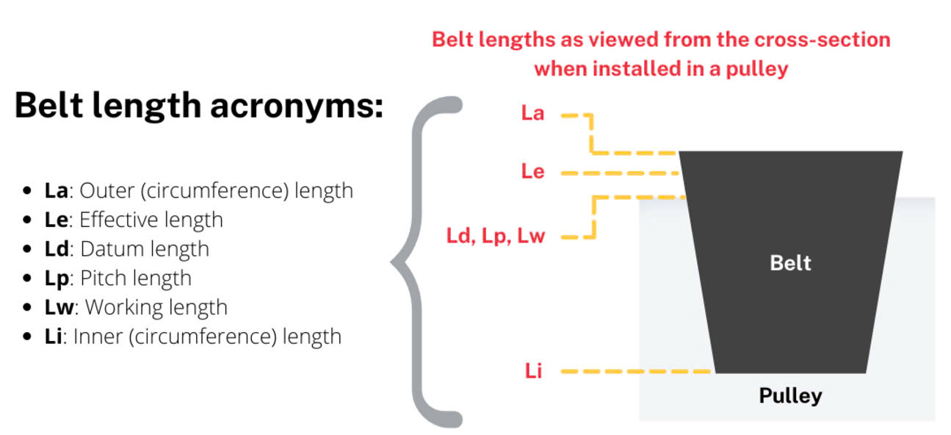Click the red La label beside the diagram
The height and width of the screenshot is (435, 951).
(532, 113)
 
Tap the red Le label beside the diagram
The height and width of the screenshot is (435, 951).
(532, 171)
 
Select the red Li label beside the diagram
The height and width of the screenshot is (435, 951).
(534, 370)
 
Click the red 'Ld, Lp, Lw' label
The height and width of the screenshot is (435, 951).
(496, 236)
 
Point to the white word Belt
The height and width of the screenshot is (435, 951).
(790, 263)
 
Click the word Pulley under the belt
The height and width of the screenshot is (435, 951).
(790, 396)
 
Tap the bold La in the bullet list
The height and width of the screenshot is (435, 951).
(56, 190)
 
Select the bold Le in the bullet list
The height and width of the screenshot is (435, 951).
(56, 220)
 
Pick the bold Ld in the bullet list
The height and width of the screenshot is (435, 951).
(57, 249)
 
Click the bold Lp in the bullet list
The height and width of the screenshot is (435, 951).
(57, 279)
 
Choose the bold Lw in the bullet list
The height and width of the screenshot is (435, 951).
(59, 308)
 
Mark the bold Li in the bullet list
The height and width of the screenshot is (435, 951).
(53, 337)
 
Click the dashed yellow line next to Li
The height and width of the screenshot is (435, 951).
(636, 371)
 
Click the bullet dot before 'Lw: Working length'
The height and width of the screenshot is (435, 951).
(27, 307)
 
